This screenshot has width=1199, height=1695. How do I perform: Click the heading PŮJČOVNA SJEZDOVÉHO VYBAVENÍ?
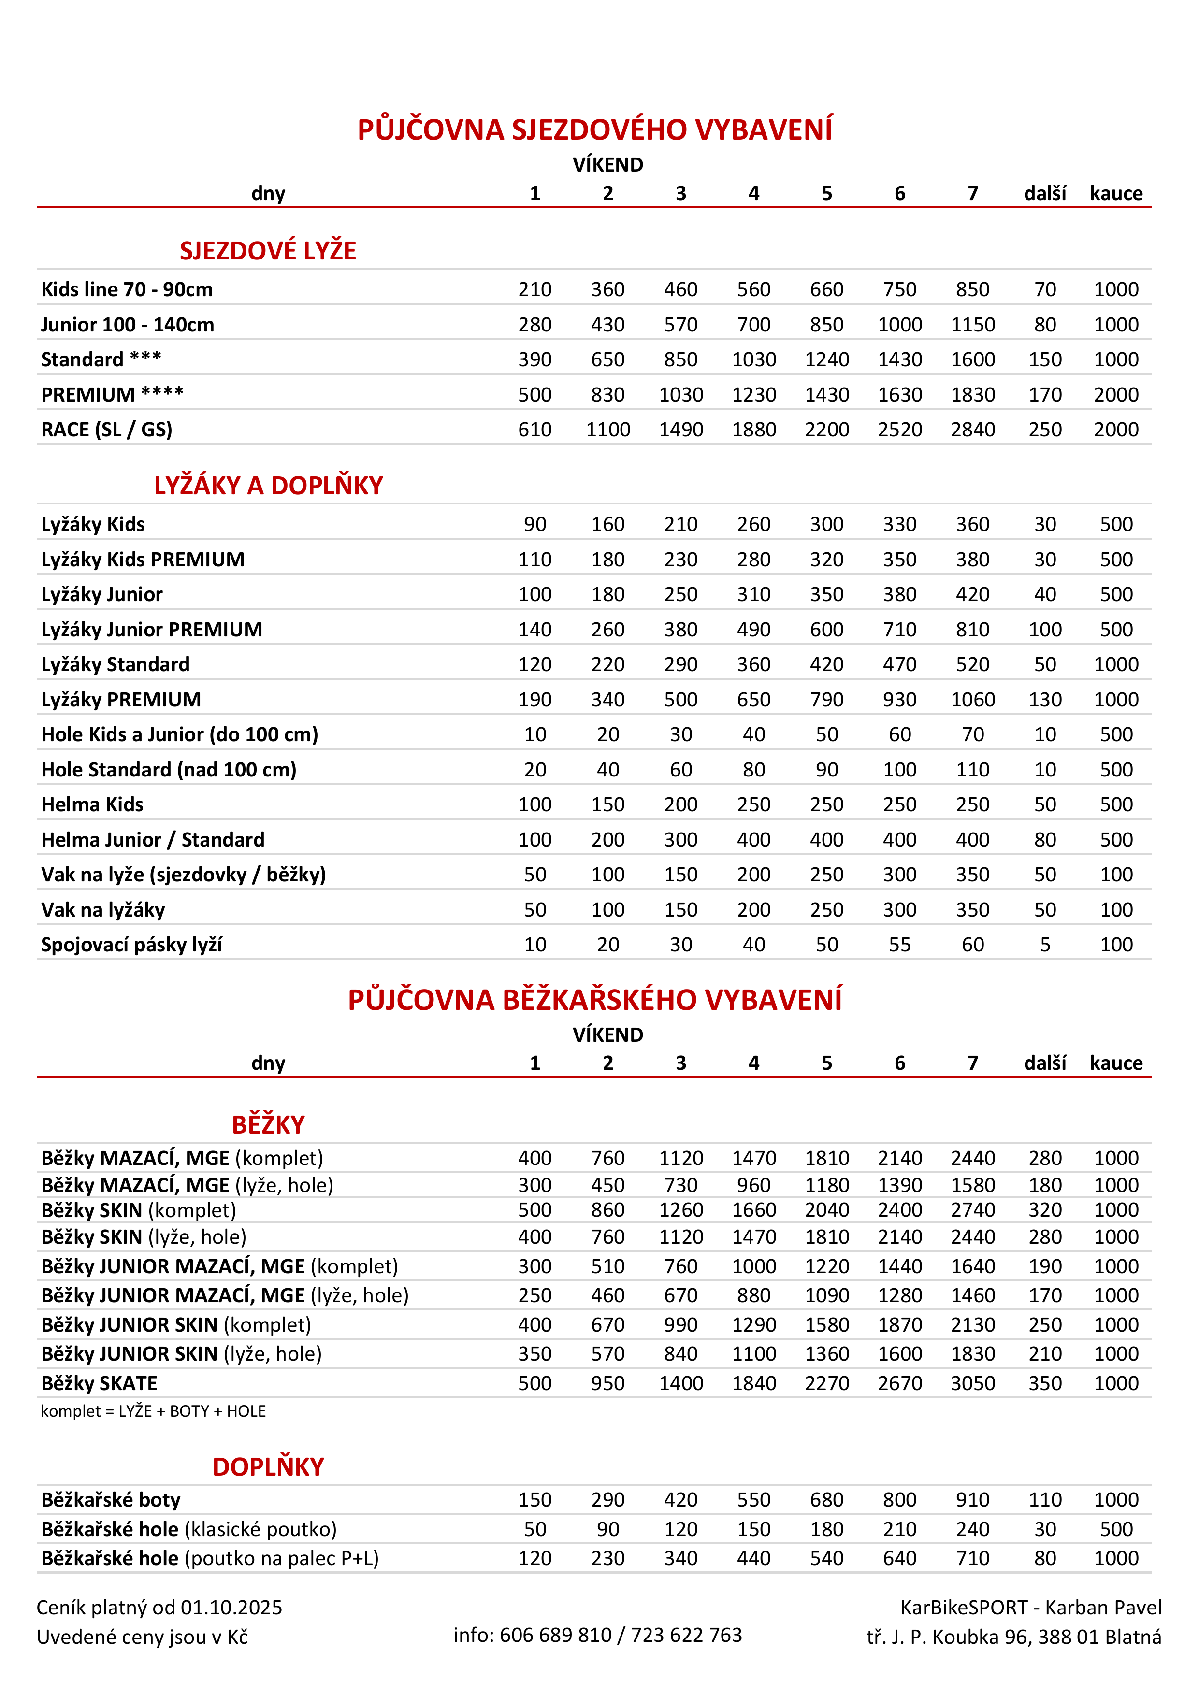pos(594,130)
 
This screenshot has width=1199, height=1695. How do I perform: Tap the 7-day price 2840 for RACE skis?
pos(972,430)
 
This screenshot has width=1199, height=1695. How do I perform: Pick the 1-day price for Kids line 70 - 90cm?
pos(534,289)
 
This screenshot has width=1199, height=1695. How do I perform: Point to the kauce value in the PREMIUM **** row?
pos(1115,395)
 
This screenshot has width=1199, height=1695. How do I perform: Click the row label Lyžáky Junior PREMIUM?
pos(151,630)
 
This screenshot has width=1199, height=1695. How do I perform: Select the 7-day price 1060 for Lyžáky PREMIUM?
pos(972,700)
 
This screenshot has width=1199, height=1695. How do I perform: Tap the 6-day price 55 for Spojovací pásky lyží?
pos(899,945)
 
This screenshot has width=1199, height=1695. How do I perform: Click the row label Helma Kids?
pos(92,804)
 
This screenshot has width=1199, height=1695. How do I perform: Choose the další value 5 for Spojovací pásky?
pos(1045,945)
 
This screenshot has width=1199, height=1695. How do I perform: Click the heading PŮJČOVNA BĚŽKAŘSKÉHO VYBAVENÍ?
pos(594,1000)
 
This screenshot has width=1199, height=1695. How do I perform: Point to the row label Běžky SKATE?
pos(99,1383)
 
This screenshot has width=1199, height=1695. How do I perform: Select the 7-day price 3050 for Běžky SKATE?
pos(972,1383)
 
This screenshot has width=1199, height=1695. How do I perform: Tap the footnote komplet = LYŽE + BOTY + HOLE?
pos(153,1411)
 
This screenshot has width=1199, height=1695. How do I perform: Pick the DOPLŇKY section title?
pos(268,1467)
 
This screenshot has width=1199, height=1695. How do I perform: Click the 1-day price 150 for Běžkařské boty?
pos(534,1500)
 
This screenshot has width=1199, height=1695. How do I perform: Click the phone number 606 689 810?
pos(555,1635)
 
